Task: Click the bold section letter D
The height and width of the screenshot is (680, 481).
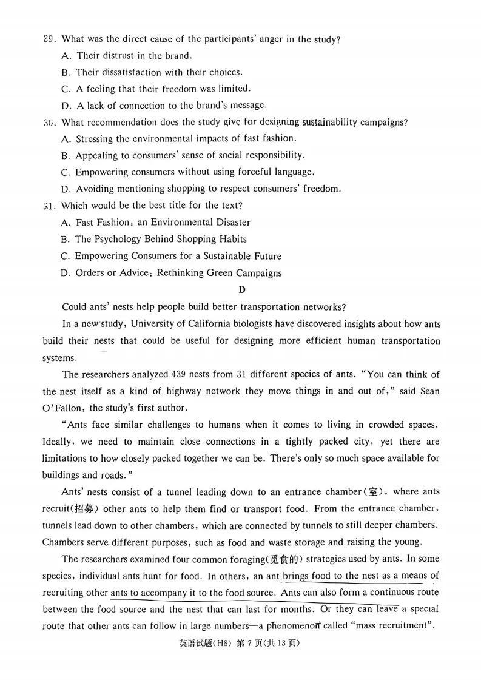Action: [241, 289]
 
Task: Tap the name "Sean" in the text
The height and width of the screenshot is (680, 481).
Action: [429, 391]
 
